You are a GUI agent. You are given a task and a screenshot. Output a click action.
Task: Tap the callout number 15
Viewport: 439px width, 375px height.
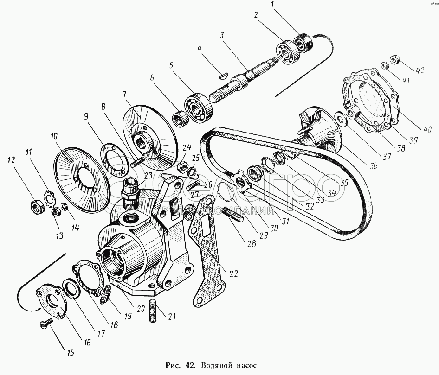(70, 353)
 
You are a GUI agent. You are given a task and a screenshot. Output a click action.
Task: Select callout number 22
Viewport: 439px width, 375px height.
(233, 273)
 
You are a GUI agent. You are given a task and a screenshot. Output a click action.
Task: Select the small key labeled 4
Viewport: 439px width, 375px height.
(223, 73)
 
